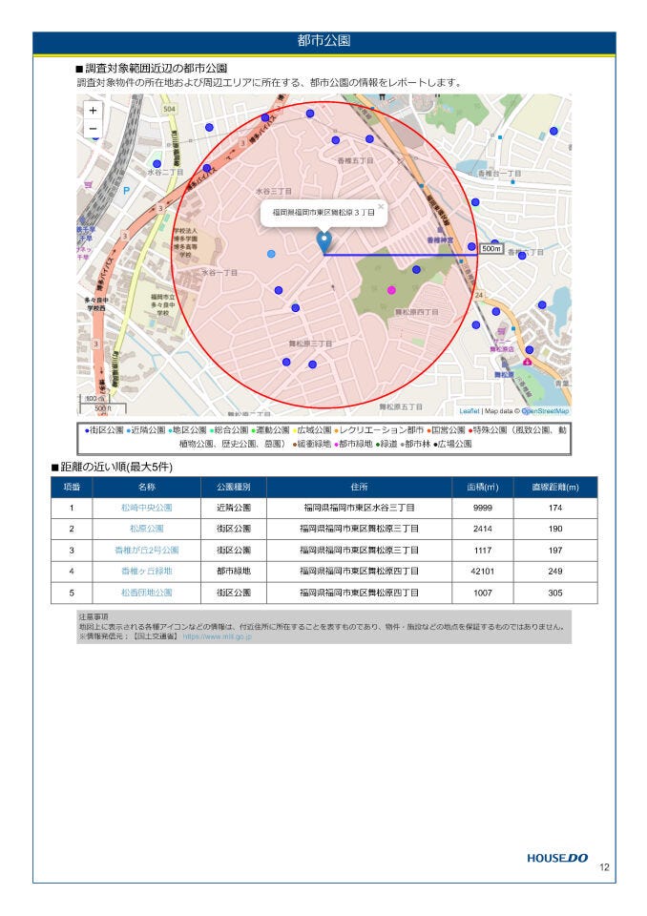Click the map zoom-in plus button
point(93,110)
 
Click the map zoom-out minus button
point(93,128)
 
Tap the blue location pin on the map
point(323,241)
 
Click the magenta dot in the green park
point(390,289)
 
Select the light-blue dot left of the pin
point(271,254)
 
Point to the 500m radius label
point(490,248)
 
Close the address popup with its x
point(380,205)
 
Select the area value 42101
point(483,571)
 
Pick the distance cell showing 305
point(555,593)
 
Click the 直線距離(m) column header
point(555,487)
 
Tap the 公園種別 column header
point(234,487)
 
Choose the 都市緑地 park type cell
point(234,571)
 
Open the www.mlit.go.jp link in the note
point(217,635)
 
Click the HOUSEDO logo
point(557,858)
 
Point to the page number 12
point(604,867)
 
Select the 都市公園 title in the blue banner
point(323,41)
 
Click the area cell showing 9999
point(483,508)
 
